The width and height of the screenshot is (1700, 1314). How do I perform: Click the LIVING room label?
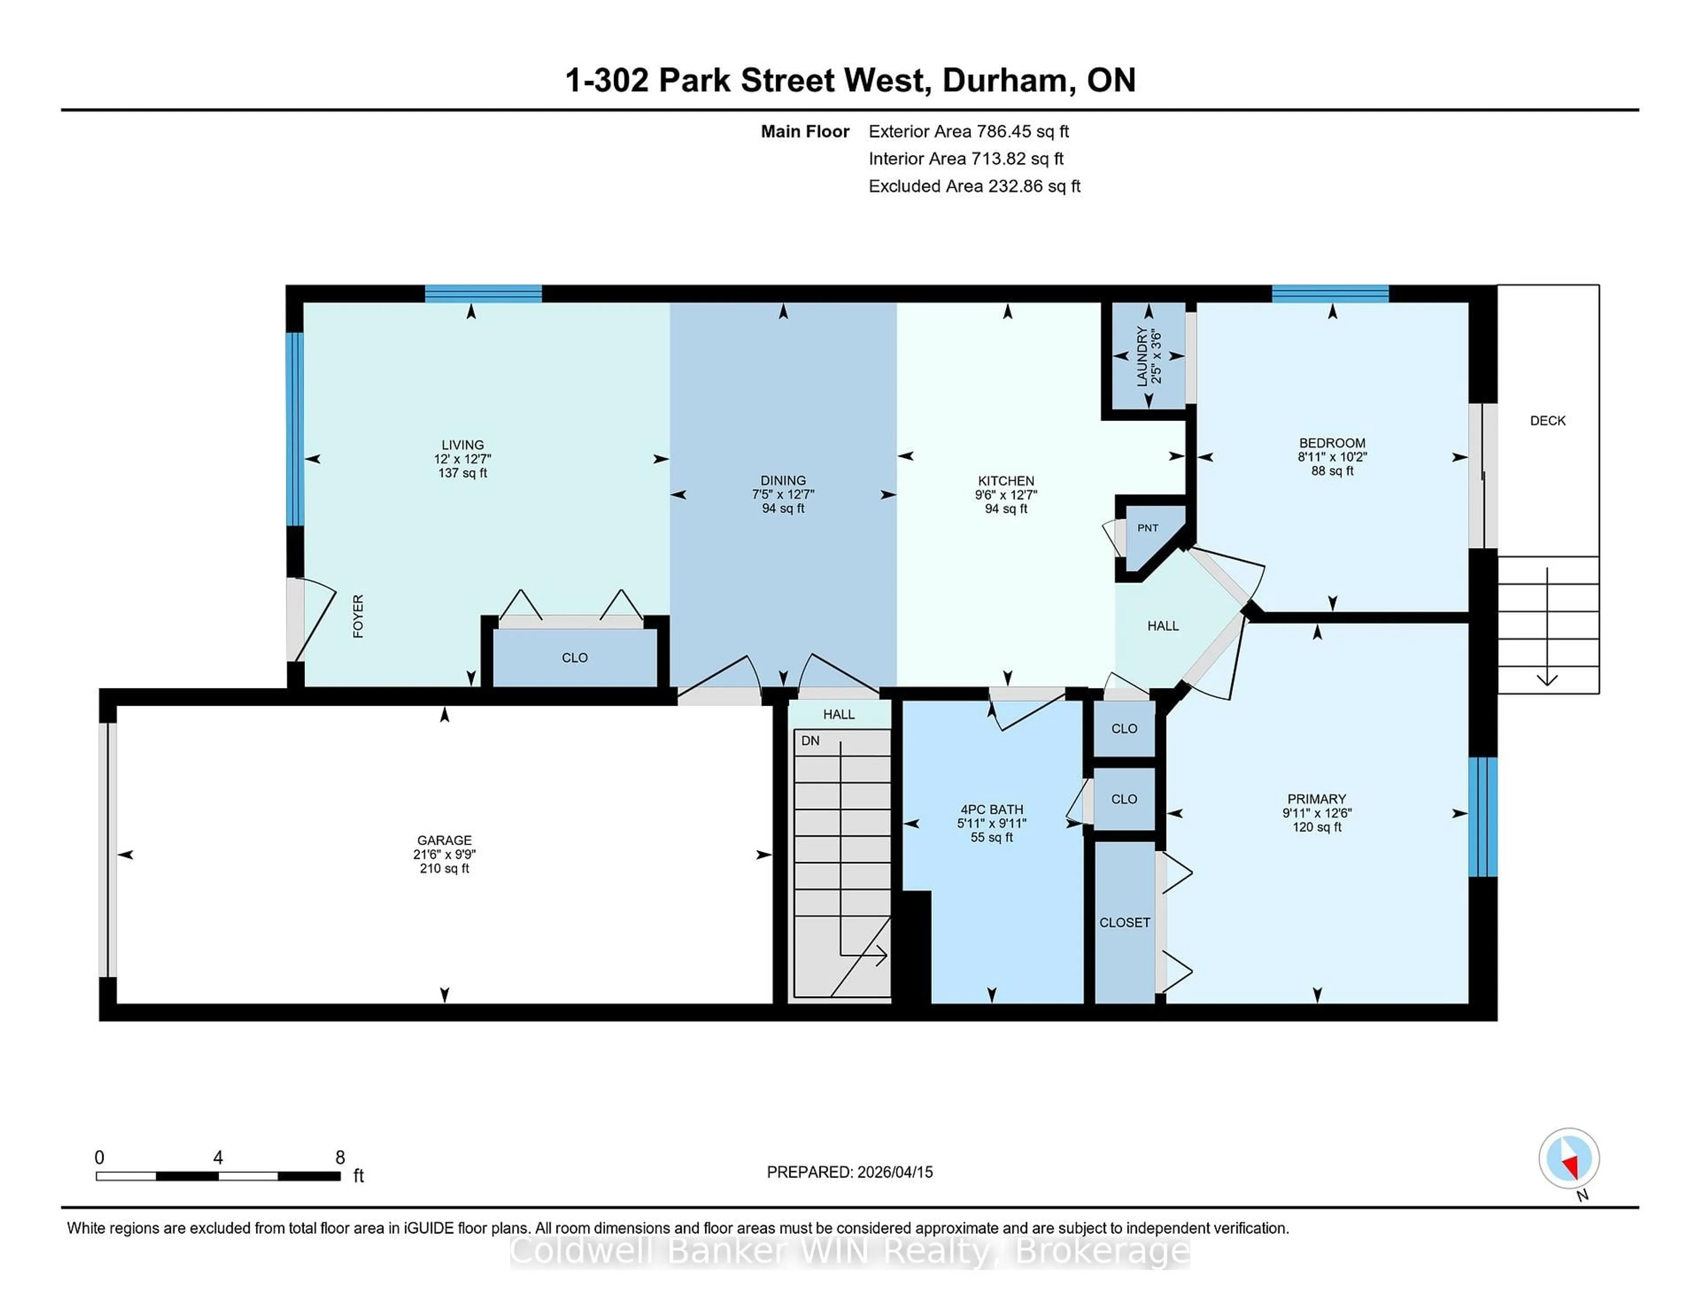tap(462, 444)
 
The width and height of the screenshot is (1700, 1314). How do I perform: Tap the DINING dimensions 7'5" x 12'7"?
tap(783, 495)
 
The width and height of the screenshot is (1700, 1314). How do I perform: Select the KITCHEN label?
tap(1006, 480)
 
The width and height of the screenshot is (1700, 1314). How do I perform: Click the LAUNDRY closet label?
tap(1142, 356)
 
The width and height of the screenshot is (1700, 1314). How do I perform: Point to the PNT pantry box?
tap(1147, 528)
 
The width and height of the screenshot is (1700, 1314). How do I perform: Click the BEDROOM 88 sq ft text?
tap(1332, 471)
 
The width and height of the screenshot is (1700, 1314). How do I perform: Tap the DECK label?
tap(1547, 420)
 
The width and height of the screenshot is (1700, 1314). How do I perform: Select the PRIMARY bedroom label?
tap(1316, 799)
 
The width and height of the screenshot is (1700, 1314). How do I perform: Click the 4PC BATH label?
tap(992, 810)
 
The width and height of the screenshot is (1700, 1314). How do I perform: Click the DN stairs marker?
tap(810, 740)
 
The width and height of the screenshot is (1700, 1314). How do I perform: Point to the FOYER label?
tap(358, 617)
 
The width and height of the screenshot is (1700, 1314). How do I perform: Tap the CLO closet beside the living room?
tap(575, 658)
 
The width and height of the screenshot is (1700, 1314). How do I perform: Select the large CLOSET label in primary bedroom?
tap(1124, 923)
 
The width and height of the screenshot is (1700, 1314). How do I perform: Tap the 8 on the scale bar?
tap(340, 1158)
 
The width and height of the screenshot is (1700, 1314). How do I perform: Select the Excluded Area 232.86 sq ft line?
tap(974, 186)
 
